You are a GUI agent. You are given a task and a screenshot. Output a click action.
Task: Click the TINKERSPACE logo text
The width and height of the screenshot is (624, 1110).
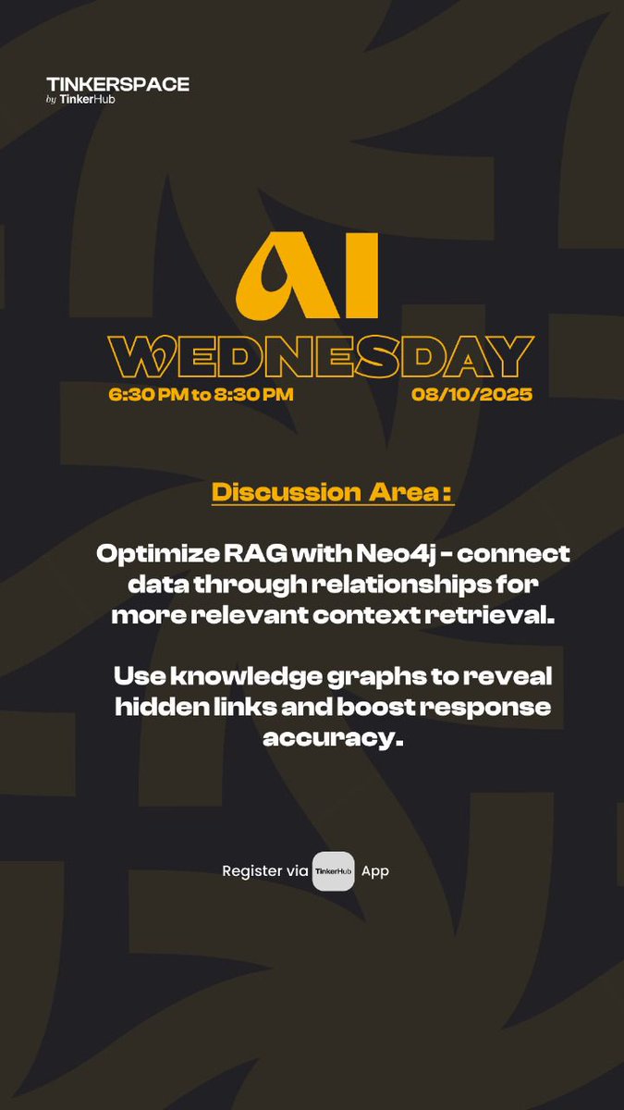[117, 84]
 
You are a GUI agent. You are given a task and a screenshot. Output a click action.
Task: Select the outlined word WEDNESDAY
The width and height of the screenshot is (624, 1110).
[321, 357]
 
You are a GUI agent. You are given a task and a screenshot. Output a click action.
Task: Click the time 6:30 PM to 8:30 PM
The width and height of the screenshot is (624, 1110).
[201, 395]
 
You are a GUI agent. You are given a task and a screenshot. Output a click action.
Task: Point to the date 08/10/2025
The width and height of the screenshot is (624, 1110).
[472, 395]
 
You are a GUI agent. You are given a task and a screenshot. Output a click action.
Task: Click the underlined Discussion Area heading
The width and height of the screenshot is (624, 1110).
[333, 492]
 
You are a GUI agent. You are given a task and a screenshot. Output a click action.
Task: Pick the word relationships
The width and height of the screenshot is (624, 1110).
[399, 586]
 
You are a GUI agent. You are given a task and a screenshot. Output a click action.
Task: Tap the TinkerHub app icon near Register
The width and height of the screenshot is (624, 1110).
[333, 871]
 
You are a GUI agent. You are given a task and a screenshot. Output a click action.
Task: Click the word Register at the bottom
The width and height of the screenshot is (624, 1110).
[251, 871]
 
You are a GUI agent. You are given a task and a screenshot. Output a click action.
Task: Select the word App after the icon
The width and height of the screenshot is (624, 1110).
[375, 871]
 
